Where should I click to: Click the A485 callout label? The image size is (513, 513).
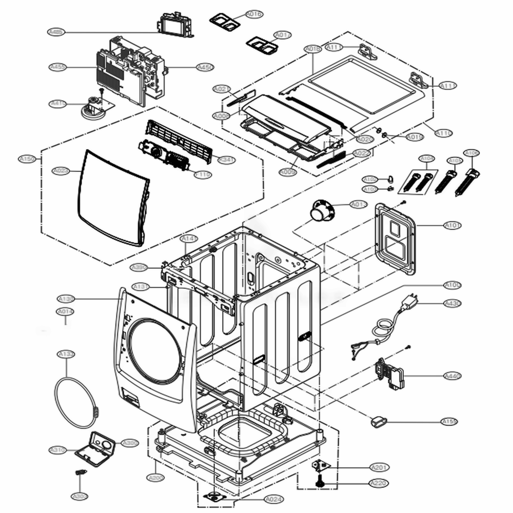click(56, 32)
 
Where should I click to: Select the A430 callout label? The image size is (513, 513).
click(452, 304)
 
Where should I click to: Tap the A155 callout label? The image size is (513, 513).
click(450, 422)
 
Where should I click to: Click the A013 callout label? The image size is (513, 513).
click(359, 204)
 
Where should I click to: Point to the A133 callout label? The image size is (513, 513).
click(66, 354)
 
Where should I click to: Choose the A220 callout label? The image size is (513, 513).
click(379, 483)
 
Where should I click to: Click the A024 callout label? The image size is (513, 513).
click(273, 499)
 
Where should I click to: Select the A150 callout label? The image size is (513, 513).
click(27, 159)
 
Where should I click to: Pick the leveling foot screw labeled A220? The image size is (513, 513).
click(320, 482)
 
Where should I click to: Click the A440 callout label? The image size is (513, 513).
click(452, 376)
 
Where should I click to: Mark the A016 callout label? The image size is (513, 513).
click(253, 15)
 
